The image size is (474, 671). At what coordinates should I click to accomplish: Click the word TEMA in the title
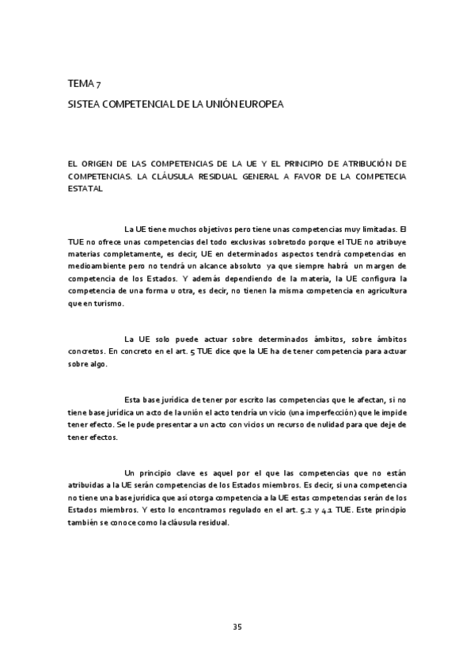[x=79, y=84]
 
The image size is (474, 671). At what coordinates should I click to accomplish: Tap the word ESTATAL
[x=85, y=190]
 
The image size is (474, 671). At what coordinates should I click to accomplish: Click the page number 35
[x=237, y=627]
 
